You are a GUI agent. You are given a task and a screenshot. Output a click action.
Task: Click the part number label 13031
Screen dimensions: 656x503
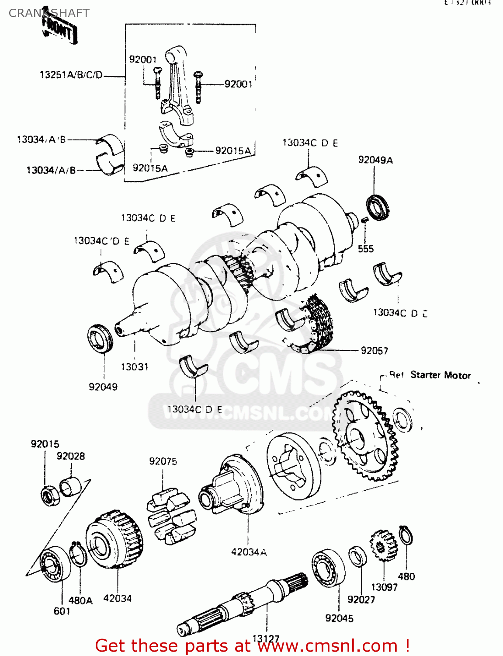click(x=135, y=366)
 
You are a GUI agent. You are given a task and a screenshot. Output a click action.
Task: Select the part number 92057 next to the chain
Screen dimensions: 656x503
click(x=374, y=350)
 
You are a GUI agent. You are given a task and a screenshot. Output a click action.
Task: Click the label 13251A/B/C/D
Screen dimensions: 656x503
click(x=71, y=75)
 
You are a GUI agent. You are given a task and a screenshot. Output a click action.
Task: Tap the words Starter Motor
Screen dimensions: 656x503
click(x=440, y=375)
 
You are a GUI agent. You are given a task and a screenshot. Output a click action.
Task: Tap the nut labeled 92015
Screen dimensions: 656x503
click(x=49, y=495)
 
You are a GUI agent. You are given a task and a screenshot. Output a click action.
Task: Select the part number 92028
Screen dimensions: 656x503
click(x=71, y=456)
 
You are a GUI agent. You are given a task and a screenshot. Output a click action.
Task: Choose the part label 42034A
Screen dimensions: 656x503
click(x=249, y=552)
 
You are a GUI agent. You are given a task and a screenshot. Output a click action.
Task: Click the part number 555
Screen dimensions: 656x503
click(x=366, y=249)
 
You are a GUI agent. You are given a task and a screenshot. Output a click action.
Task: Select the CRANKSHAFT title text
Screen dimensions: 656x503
click(x=49, y=13)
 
